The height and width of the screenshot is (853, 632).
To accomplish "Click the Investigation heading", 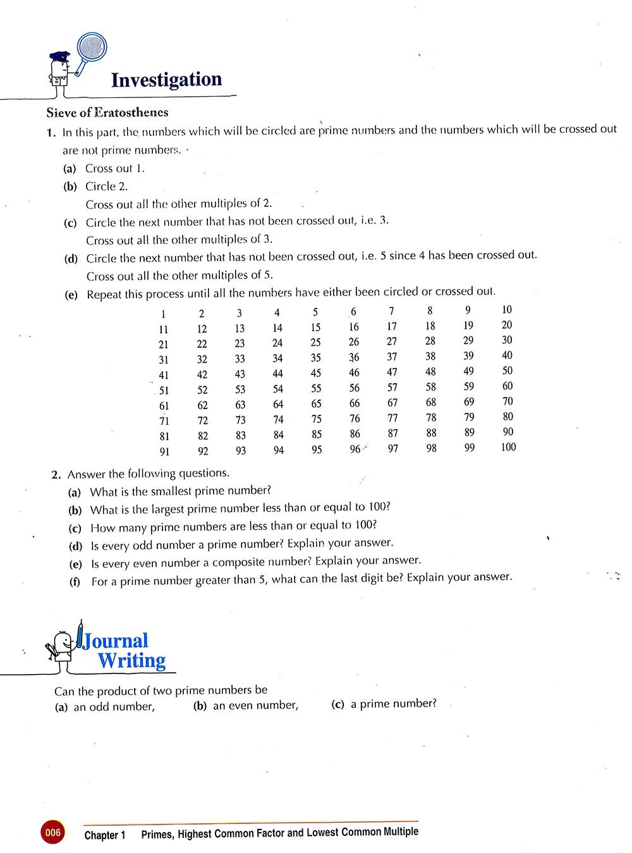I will coord(166,80).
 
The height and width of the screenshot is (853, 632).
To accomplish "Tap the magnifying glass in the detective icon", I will coord(92,47).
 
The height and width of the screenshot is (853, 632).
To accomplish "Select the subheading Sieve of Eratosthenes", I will coord(107,113).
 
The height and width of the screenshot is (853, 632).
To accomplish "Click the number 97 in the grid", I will coord(393,448).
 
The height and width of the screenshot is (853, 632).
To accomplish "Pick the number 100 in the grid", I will coord(508,447).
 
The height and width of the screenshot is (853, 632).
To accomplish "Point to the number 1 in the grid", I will coord(163,314).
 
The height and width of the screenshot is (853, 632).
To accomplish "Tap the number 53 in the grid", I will coord(240,390).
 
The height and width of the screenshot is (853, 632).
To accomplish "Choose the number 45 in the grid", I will coord(316,374).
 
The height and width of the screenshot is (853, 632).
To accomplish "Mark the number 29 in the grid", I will coord(468,340).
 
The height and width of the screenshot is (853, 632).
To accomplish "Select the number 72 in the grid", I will coord(202,420).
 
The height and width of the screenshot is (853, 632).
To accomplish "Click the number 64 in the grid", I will coord(278,405).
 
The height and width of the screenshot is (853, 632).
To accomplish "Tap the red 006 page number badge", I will coord(52,833).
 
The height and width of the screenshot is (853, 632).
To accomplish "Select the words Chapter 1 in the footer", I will coord(105,835).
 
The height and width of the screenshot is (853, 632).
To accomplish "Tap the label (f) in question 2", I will coord(75,581).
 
